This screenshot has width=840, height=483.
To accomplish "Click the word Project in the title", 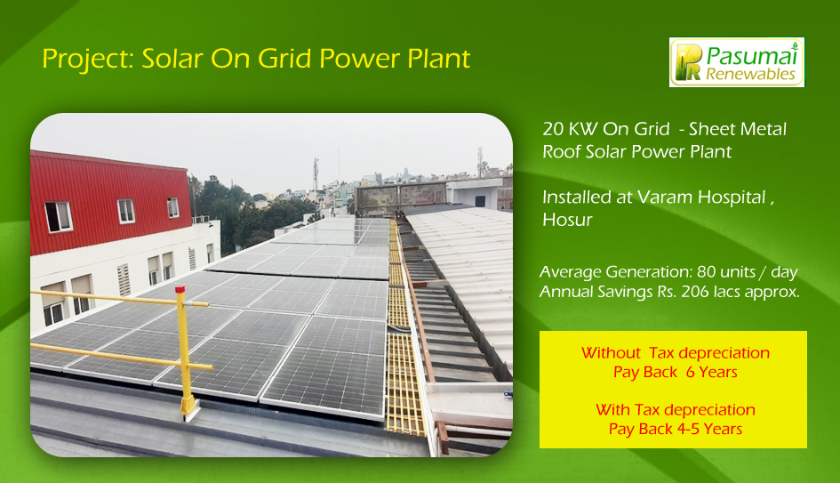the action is pyautogui.click(x=88, y=59).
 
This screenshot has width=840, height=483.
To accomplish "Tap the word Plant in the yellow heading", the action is pyautogui.click(x=439, y=59).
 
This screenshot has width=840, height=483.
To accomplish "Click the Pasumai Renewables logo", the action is pyautogui.click(x=737, y=62).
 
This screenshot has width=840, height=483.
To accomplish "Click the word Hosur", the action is pyautogui.click(x=567, y=220).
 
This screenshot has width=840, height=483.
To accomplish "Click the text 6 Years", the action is pyautogui.click(x=712, y=372).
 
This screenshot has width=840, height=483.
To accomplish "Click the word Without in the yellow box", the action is pyautogui.click(x=611, y=353).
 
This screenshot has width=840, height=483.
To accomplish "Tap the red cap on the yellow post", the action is pyautogui.click(x=180, y=289).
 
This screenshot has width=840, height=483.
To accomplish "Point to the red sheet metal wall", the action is pyautogui.click(x=108, y=201).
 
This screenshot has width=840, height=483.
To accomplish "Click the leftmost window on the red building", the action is pyautogui.click(x=59, y=216).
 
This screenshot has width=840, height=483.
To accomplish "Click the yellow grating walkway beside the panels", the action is pyautogui.click(x=403, y=343).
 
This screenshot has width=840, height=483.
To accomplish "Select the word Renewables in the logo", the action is pyautogui.click(x=750, y=74).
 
